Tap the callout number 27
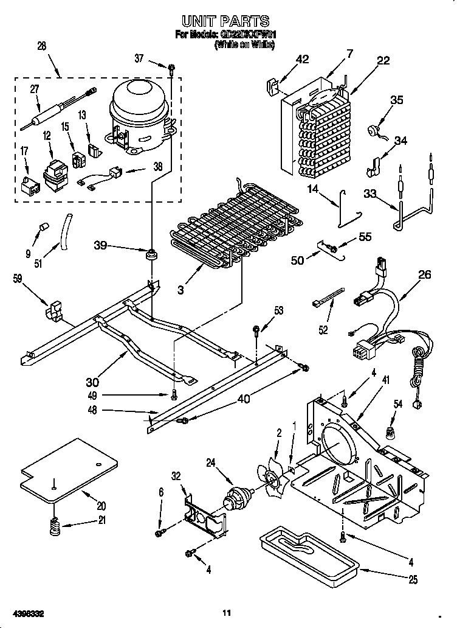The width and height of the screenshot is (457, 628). point(35,89)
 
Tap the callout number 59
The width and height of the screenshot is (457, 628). point(19,279)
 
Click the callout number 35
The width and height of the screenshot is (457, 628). point(396,100)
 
